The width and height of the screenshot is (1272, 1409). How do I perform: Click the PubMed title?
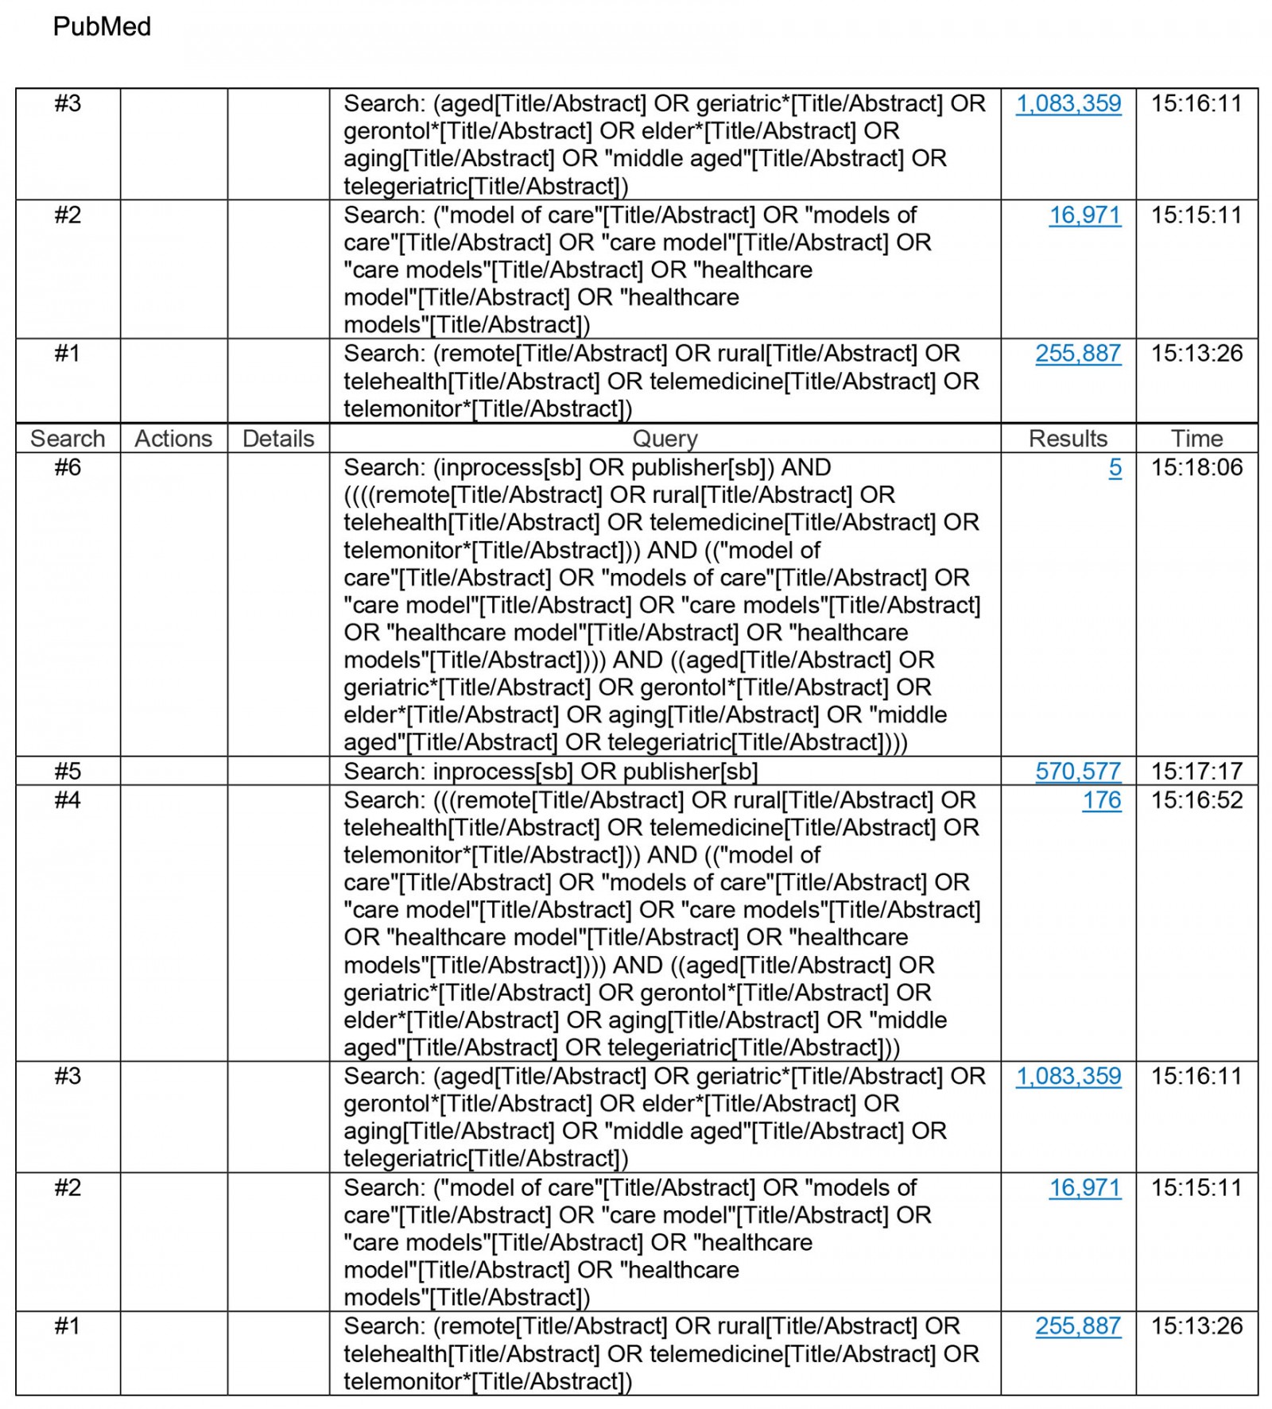click(x=102, y=27)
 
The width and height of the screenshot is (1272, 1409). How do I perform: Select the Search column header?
click(x=68, y=439)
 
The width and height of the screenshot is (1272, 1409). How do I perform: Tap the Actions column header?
click(x=173, y=439)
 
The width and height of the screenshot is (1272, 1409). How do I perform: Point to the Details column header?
click(x=278, y=439)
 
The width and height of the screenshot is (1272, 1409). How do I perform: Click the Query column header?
click(x=665, y=439)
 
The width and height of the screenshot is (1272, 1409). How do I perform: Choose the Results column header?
click(x=1068, y=439)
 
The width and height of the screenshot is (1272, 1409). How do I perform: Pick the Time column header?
click(x=1196, y=439)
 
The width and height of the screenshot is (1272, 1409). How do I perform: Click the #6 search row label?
click(x=68, y=467)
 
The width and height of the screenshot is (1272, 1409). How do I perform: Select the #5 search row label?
click(x=68, y=771)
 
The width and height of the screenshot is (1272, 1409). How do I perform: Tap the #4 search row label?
click(x=68, y=799)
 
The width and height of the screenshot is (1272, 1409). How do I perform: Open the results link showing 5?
click(x=1115, y=467)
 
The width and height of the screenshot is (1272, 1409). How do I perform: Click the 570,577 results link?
click(x=1078, y=771)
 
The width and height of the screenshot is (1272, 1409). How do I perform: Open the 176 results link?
click(x=1101, y=799)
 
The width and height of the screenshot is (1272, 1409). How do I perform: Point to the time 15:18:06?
click(x=1196, y=467)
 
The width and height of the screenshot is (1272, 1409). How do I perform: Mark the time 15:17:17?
click(x=1196, y=771)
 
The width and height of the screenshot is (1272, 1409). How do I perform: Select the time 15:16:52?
click(x=1196, y=799)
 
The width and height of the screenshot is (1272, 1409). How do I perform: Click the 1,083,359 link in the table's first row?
click(x=1068, y=103)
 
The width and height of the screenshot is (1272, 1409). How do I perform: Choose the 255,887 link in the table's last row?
click(x=1078, y=1326)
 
